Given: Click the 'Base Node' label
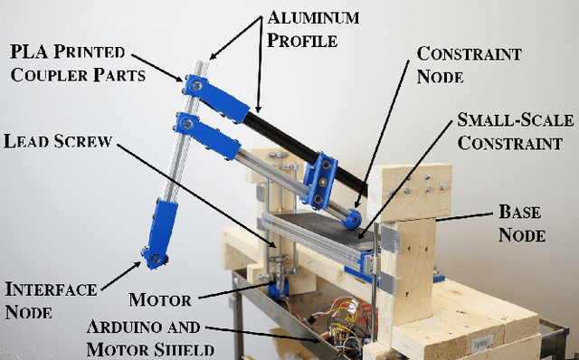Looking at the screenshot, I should click(x=522, y=223).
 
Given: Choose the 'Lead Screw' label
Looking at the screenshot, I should click(x=57, y=141).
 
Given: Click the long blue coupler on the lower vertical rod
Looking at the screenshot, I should click(x=163, y=225).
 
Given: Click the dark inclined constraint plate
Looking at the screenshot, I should click(x=317, y=226).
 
